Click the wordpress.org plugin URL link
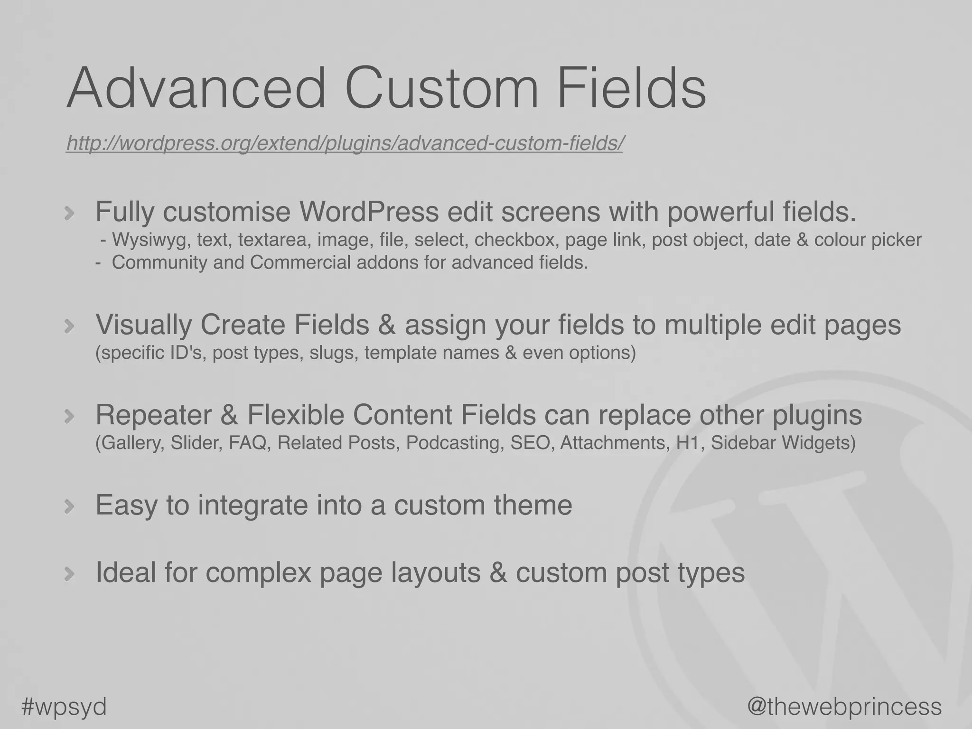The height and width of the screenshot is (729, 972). [344, 143]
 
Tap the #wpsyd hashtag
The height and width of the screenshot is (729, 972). [64, 707]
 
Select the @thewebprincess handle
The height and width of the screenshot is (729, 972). [844, 706]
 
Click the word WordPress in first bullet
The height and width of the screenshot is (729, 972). [369, 212]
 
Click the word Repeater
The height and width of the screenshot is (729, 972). [153, 415]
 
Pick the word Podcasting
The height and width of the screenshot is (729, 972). [455, 443]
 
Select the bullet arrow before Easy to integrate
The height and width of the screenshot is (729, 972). [69, 507]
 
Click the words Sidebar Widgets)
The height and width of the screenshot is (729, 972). [783, 443]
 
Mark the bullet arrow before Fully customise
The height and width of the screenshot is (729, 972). [69, 214]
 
